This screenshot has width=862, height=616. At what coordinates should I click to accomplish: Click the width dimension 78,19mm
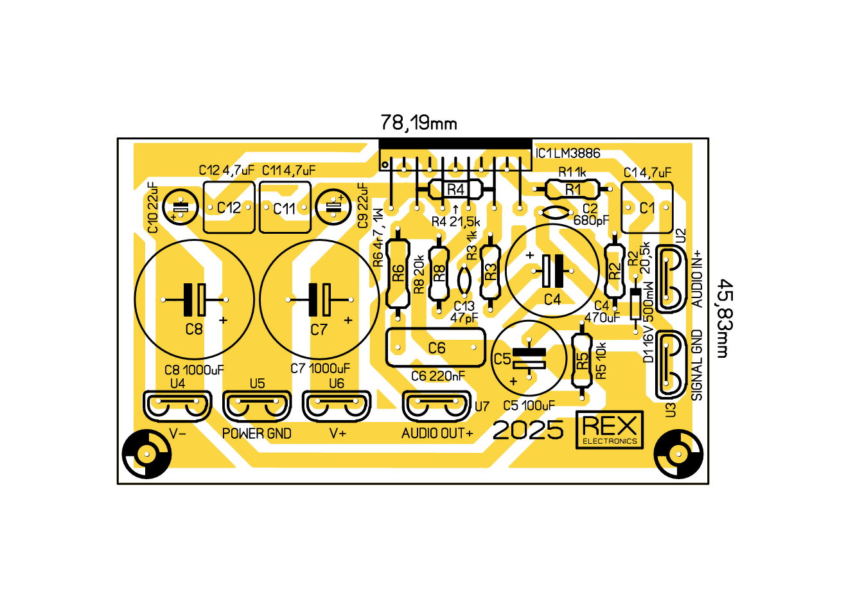418,123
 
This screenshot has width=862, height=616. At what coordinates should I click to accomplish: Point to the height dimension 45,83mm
724,318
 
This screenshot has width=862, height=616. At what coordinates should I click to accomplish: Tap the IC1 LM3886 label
568,154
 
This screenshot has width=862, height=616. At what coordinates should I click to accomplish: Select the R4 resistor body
455,189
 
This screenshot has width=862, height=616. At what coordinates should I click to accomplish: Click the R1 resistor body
572,189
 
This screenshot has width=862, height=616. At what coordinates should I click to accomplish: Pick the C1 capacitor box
647,207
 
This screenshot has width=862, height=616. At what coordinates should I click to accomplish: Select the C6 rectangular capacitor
436,348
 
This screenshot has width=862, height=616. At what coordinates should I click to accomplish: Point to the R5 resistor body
582,361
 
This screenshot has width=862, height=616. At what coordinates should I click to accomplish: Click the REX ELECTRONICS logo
610,430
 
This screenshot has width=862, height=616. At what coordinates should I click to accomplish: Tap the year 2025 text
528,430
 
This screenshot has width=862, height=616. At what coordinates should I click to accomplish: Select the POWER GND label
257,434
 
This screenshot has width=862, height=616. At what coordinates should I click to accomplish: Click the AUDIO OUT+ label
437,434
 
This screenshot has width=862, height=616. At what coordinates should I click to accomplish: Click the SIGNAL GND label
697,365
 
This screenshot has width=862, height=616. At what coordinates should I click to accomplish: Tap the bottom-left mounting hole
147,454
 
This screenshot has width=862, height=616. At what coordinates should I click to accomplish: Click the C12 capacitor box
229,207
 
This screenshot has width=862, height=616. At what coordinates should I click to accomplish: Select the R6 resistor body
398,273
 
